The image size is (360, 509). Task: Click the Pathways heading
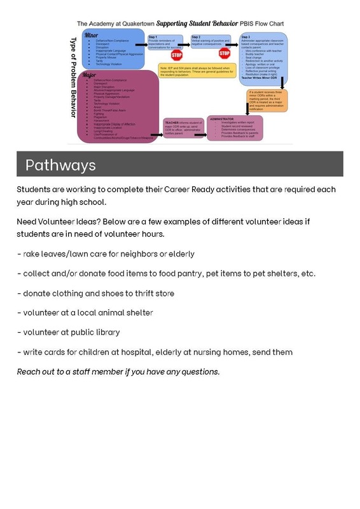point(60,165)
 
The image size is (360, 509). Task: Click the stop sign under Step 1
point(177,55)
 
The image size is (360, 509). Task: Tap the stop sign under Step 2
point(225,54)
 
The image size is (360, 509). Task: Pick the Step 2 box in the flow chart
point(209,42)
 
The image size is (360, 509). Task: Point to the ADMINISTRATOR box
point(235,127)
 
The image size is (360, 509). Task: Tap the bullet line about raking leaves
point(106,254)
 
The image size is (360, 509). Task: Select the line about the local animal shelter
point(85,312)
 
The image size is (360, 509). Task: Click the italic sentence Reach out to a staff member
point(118,372)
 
